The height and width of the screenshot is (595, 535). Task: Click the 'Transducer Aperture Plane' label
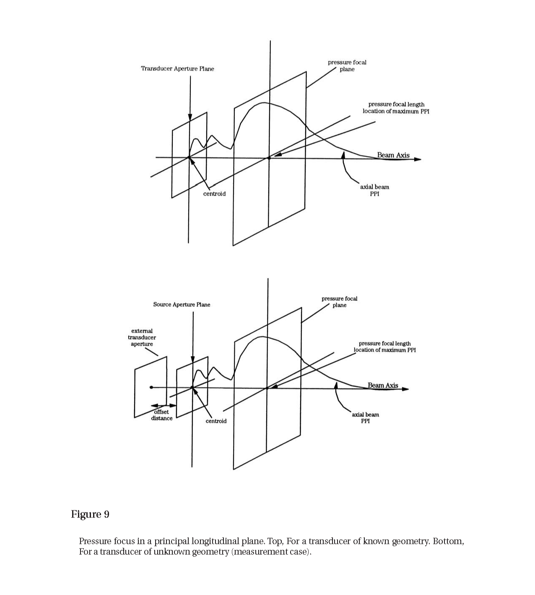[177, 69]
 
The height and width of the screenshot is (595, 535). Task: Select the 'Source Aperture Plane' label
[182, 305]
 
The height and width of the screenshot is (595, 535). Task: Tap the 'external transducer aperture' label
[142, 337]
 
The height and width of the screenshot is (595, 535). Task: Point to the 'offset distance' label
[162, 415]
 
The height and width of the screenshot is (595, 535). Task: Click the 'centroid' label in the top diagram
[214, 194]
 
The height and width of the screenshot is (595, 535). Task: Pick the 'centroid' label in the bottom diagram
[216, 421]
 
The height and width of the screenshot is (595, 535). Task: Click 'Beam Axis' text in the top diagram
[393, 155]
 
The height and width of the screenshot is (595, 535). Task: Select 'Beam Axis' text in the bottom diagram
[383, 385]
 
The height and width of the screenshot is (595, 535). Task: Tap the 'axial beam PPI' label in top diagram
[374, 190]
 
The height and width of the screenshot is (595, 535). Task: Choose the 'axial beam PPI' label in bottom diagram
[365, 418]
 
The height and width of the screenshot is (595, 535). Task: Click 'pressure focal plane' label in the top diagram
[347, 66]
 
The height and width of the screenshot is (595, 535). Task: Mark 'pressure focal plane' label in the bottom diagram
[339, 302]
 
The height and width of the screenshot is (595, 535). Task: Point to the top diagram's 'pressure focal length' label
[396, 104]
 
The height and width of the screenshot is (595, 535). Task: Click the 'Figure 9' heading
[90, 514]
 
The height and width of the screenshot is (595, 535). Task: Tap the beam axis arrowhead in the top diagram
[417, 159]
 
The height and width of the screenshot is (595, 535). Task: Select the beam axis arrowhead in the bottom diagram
[405, 389]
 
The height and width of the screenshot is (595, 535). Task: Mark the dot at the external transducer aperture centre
[151, 387]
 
